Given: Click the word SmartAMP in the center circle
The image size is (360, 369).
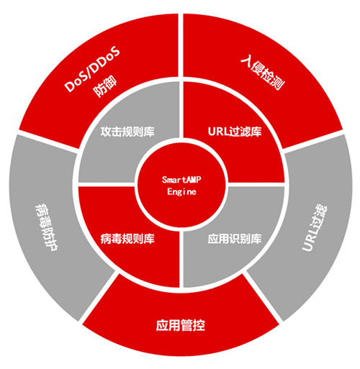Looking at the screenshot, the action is click(181, 180).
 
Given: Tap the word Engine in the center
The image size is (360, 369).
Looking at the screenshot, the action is click(181, 192).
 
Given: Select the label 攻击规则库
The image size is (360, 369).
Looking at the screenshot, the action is click(127, 132).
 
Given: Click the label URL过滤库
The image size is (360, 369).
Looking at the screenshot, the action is click(235, 132).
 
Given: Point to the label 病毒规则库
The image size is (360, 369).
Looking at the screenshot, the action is click(127, 239).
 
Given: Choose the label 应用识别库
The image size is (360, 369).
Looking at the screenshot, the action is click(235, 239).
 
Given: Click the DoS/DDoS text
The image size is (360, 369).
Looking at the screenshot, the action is click(92, 69).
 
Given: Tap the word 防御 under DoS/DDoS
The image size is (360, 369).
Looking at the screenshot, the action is click(105, 86).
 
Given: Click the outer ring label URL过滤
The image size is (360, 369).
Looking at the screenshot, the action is click(314, 228).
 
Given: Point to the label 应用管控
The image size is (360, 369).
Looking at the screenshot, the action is click(181, 325).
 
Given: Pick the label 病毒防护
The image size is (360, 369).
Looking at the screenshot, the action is click(46, 227).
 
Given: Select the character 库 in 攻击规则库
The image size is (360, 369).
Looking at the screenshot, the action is click(149, 132).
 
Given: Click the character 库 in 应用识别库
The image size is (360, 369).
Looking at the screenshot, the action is click(256, 239).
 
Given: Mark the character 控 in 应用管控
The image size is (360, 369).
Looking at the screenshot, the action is click(199, 325).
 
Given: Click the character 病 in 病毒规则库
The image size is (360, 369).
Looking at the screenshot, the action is click(106, 239).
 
